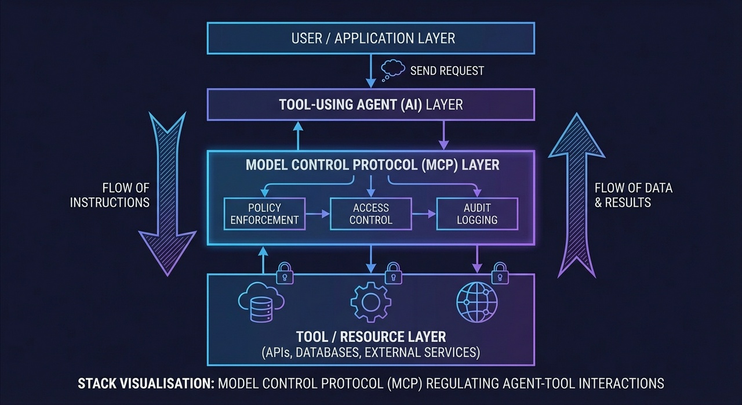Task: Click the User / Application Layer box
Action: [x=370, y=38]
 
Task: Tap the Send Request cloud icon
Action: [x=393, y=70]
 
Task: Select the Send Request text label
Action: [x=446, y=71]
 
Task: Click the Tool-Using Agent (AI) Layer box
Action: [x=370, y=104]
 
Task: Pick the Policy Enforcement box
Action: [x=264, y=214]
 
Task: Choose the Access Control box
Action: [x=371, y=214]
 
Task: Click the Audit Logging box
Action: [x=477, y=214]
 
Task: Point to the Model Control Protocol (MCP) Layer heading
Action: [x=372, y=165]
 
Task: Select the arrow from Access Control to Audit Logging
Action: [x=424, y=214]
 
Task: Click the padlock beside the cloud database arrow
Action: [x=284, y=273]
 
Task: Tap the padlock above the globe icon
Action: [x=500, y=273]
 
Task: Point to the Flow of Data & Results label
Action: [x=633, y=196]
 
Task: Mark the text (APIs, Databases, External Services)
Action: [x=371, y=352]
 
